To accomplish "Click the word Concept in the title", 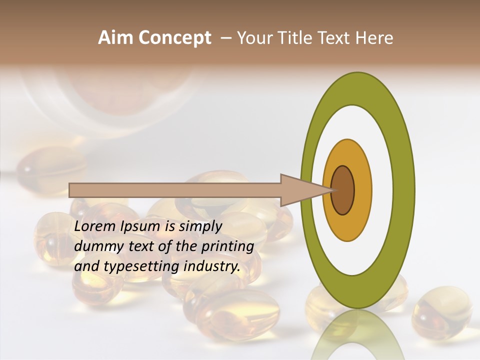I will coord(174,38).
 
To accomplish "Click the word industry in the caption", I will coord(212,266).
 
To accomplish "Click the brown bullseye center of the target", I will coord(343,190).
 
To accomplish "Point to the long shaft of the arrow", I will coord(175,190).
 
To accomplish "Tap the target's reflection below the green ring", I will coord(357,335).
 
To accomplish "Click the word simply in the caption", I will coord(200,227).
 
